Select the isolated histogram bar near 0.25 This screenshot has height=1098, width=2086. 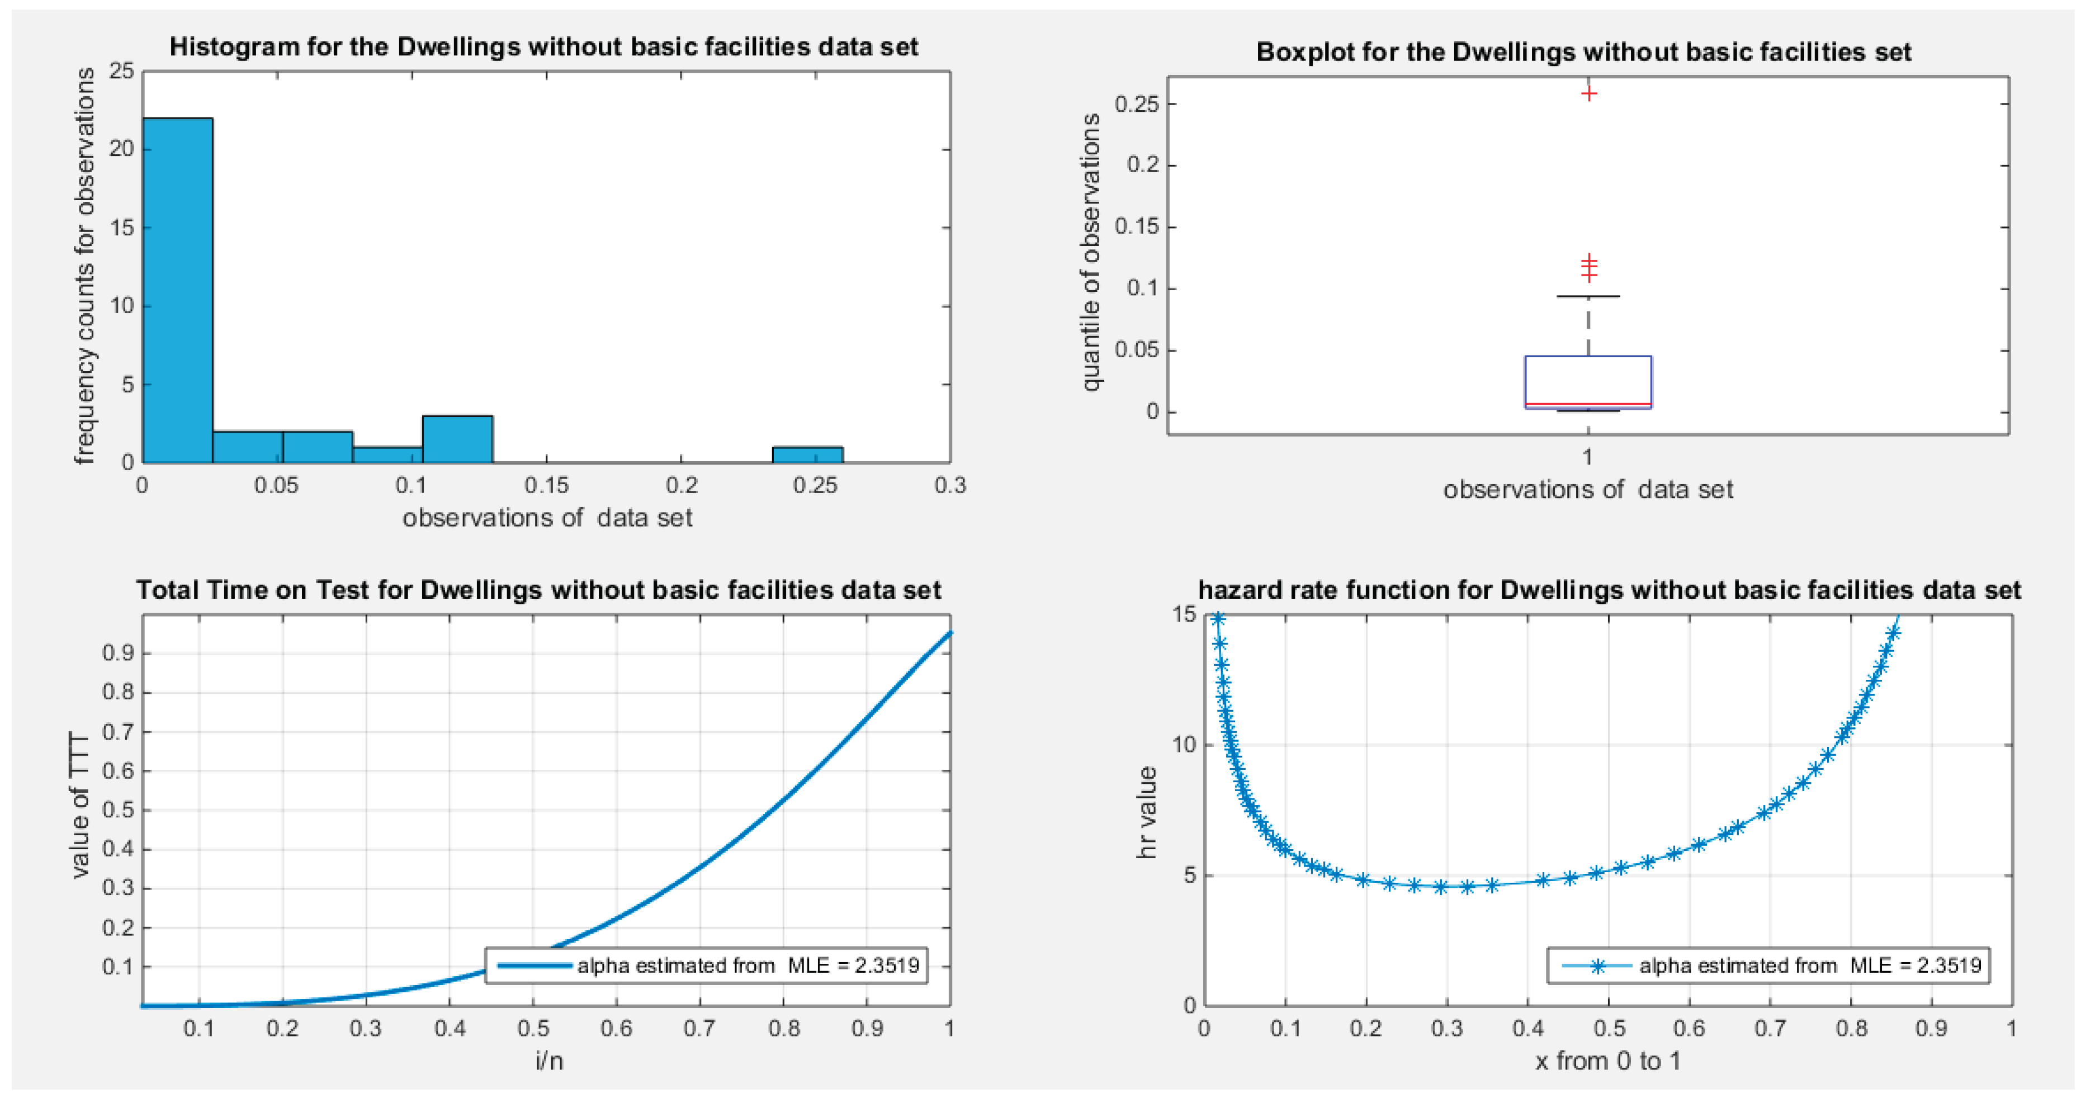pyautogui.click(x=807, y=455)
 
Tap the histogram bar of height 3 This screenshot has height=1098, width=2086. pyautogui.click(x=457, y=439)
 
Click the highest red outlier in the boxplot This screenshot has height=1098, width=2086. pyautogui.click(x=1589, y=94)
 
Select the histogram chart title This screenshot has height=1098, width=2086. pyautogui.click(x=543, y=47)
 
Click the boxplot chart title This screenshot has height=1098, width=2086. pyautogui.click(x=1583, y=52)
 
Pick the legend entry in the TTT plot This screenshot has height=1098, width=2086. pyautogui.click(x=706, y=965)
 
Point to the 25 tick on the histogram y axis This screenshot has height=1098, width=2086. pyautogui.click(x=121, y=71)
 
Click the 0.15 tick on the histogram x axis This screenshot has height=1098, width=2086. pyautogui.click(x=547, y=485)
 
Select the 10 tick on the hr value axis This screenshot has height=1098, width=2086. pyautogui.click(x=1184, y=745)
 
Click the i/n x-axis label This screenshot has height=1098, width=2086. pyautogui.click(x=548, y=1061)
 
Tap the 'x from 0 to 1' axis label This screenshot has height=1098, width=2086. pyautogui.click(x=1607, y=1061)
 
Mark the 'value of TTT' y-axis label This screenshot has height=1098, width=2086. pyautogui.click(x=79, y=806)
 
